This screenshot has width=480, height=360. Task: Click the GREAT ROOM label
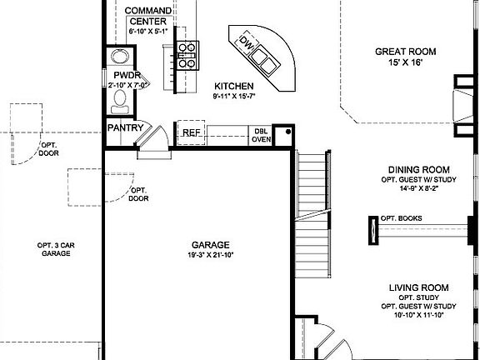pyautogui.click(x=405, y=52)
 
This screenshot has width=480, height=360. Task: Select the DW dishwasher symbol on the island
pyautogui.click(x=246, y=41)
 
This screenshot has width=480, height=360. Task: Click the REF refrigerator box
pyautogui.click(x=191, y=132)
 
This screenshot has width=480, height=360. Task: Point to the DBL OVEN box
pyautogui.click(x=262, y=134)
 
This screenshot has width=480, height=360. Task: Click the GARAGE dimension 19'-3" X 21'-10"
pyautogui.click(x=198, y=256)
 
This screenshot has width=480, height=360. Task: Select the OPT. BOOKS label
pyautogui.click(x=401, y=218)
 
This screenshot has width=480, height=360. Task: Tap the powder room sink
pyautogui.click(x=121, y=57)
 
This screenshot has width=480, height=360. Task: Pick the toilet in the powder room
pyautogui.click(x=121, y=99)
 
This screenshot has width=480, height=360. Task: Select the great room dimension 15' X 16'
pyautogui.click(x=405, y=63)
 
